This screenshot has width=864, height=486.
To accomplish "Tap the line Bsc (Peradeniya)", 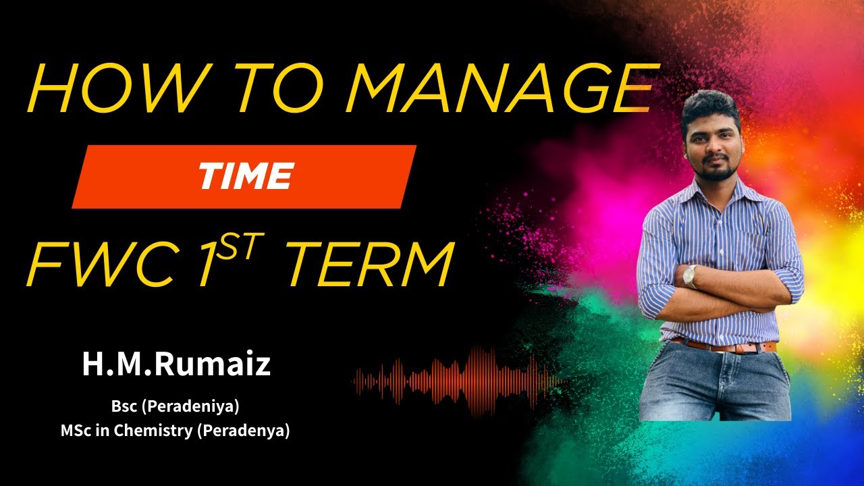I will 175,408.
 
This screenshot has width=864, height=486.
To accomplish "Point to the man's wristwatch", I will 690,275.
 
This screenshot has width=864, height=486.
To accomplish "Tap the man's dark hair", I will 710,108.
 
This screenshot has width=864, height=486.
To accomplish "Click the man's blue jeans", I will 715,385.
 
